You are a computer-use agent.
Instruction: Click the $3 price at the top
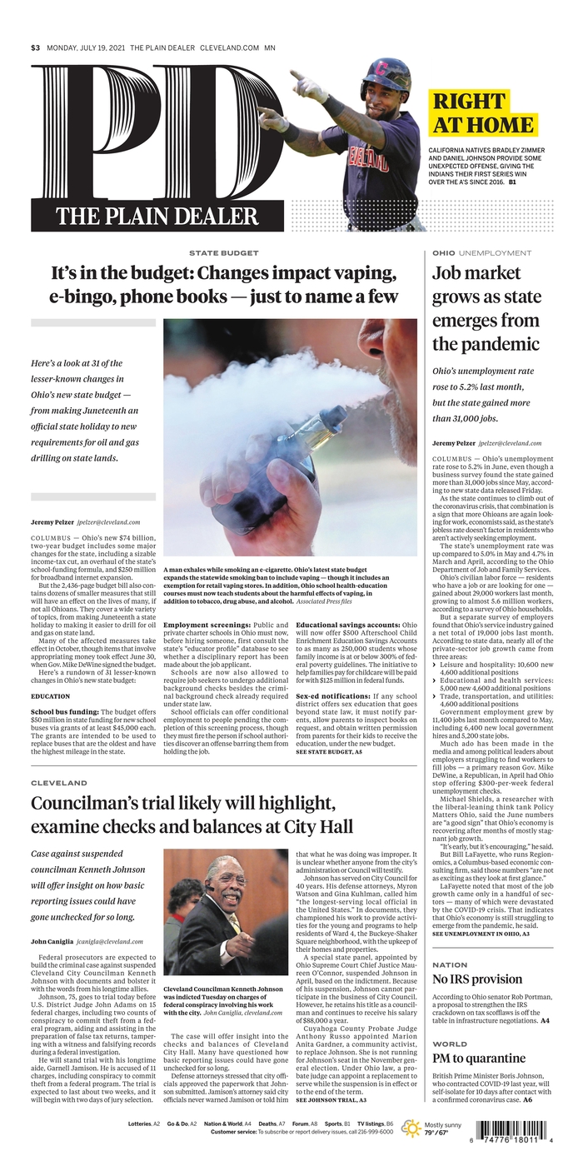(35, 47)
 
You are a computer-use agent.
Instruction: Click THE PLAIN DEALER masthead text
(157, 217)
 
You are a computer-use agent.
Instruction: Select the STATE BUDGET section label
(223, 252)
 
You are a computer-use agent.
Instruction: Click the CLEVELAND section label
(59, 783)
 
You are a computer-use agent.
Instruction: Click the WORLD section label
(450, 1044)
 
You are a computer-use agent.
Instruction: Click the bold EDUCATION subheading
(51, 695)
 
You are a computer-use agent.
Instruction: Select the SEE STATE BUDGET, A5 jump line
(329, 751)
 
